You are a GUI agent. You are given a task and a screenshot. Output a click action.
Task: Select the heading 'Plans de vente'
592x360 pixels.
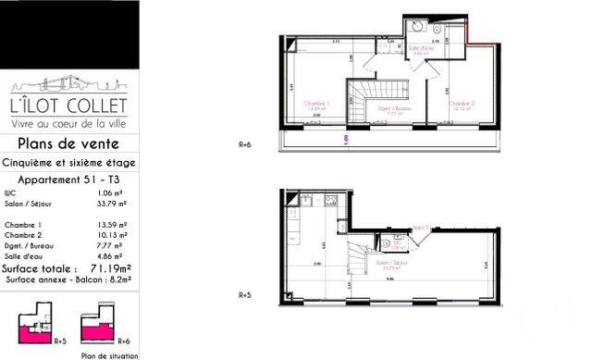pos(69,143)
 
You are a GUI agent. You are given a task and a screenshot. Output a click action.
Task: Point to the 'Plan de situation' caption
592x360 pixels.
pos(109,354)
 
